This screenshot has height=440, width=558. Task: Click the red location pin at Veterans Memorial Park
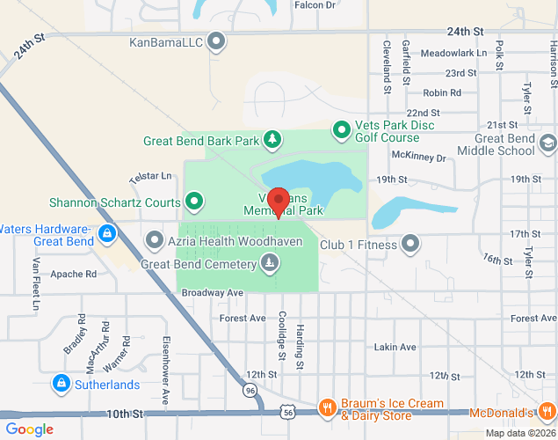pyautogui.click(x=279, y=201)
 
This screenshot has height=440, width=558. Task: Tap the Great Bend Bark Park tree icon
pyautogui.click(x=273, y=139)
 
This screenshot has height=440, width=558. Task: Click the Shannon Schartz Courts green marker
pyautogui.click(x=194, y=202)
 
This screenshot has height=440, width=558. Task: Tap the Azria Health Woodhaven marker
pyautogui.click(x=155, y=240)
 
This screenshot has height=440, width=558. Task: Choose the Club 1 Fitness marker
pyautogui.click(x=410, y=243)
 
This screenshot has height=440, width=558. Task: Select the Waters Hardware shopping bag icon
pyautogui.click(x=106, y=234)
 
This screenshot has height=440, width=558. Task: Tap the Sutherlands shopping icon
pyautogui.click(x=61, y=384)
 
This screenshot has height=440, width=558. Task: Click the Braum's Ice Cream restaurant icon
pyautogui.click(x=326, y=407)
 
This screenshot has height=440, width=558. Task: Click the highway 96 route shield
pyautogui.click(x=250, y=389)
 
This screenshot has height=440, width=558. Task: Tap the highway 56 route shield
pyautogui.click(x=287, y=410)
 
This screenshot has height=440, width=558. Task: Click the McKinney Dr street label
pyautogui.click(x=419, y=158)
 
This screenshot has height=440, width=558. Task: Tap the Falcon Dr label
pyautogui.click(x=315, y=5)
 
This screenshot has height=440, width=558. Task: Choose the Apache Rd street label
pyautogui.click(x=73, y=274)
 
